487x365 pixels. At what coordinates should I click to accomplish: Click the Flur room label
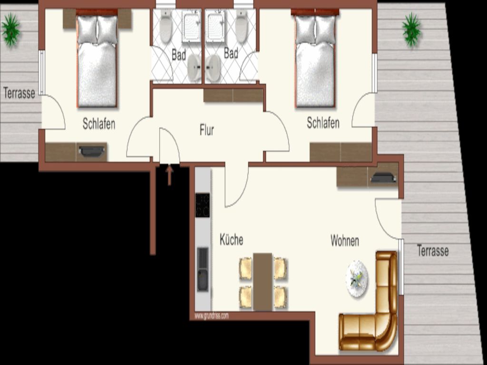[x=207, y=130]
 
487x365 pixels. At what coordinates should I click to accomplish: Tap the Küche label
[x=232, y=240]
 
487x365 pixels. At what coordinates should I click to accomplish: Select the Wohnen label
[x=345, y=241]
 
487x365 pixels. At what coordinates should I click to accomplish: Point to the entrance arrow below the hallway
[x=169, y=175]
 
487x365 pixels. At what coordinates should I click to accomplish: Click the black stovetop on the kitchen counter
[x=203, y=205]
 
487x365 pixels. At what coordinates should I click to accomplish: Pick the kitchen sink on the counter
[x=203, y=269]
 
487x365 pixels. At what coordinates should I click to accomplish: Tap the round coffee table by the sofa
[x=357, y=279]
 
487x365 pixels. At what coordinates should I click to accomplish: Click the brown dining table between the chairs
[x=263, y=282]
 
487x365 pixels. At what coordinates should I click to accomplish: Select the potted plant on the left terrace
[x=11, y=30]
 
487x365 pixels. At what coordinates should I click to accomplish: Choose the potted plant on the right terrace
[x=412, y=30]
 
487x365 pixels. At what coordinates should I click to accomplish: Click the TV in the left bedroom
[x=92, y=151]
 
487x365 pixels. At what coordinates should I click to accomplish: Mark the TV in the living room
[x=383, y=178]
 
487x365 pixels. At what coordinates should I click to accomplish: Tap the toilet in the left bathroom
[x=166, y=27]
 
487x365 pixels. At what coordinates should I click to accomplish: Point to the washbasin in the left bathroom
[x=194, y=68]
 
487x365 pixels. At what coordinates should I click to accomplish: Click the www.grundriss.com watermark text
[x=212, y=316]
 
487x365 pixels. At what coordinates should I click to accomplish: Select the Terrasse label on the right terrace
[x=433, y=251]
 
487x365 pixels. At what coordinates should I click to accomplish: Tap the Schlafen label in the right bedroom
[x=323, y=123]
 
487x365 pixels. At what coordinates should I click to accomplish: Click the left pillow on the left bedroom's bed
[x=88, y=30]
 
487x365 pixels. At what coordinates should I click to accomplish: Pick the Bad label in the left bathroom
[x=179, y=55]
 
